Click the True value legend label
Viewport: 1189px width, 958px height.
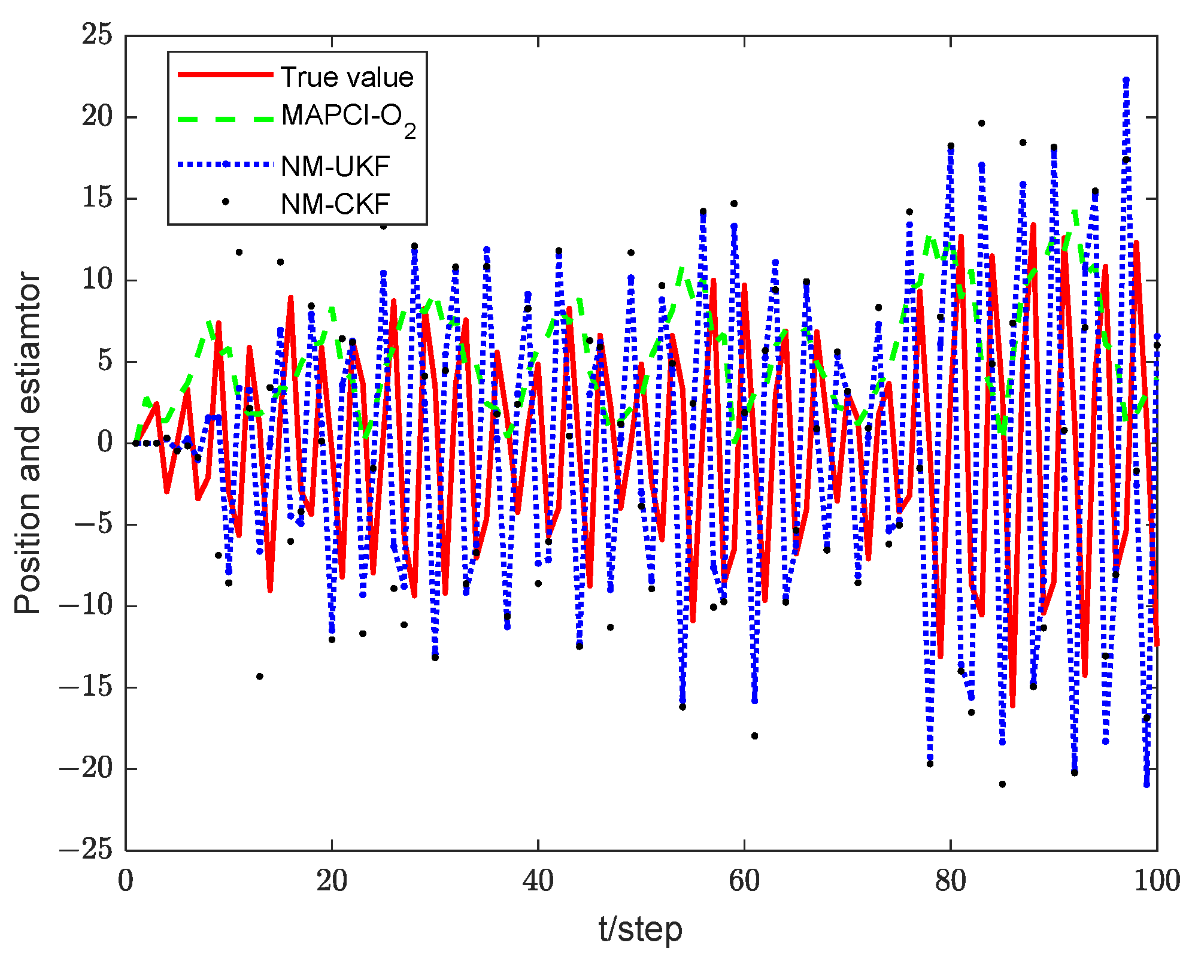click(x=347, y=77)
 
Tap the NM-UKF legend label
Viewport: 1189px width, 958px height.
click(x=335, y=166)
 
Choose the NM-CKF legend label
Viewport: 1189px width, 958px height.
click(x=335, y=204)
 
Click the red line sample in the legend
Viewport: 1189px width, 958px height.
click(x=226, y=74)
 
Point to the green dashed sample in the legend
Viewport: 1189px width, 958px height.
click(x=226, y=119)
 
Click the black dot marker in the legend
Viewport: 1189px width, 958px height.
click(x=226, y=202)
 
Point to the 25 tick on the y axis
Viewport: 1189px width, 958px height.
click(x=97, y=35)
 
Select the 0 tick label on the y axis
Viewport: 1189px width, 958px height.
click(x=104, y=442)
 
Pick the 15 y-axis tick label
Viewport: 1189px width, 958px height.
click(x=97, y=198)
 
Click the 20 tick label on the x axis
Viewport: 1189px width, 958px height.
click(x=332, y=881)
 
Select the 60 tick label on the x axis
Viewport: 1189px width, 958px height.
click(x=744, y=881)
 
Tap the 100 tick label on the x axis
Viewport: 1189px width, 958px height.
click(x=1157, y=881)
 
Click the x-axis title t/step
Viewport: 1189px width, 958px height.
click(x=641, y=929)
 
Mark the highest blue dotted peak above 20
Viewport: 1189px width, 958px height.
click(x=1126, y=80)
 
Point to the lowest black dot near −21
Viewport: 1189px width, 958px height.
click(x=1002, y=784)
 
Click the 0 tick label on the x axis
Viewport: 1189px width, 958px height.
click(x=126, y=881)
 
